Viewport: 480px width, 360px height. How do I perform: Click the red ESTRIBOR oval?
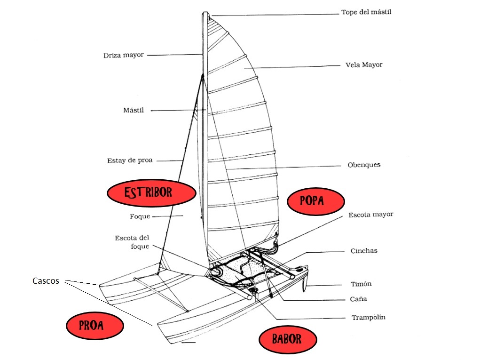[x=151, y=192]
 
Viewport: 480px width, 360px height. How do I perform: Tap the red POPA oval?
[x=315, y=201]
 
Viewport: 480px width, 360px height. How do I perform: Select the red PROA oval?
[x=94, y=325]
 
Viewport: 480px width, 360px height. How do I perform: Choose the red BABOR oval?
[x=288, y=339]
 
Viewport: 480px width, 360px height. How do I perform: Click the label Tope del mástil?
[x=366, y=12]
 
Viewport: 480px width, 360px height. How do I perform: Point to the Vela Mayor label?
[x=364, y=64]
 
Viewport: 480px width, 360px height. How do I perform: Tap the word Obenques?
[x=364, y=165]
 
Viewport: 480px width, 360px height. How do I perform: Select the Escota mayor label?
[x=370, y=215]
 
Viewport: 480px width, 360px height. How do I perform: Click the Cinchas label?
[x=364, y=251]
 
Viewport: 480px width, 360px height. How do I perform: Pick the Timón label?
[x=361, y=284]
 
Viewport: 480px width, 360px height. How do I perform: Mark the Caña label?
[x=358, y=299]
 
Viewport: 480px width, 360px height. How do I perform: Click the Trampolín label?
[x=368, y=318]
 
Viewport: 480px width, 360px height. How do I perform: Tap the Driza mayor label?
[x=124, y=56]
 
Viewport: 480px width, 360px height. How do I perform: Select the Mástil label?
[x=134, y=111]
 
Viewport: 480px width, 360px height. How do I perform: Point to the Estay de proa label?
[x=130, y=160]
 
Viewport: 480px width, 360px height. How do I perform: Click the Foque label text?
[x=140, y=217]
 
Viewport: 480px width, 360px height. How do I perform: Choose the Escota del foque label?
[x=132, y=242]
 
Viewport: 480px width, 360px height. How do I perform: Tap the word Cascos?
[x=46, y=281]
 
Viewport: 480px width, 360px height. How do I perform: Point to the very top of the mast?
[x=205, y=13]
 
